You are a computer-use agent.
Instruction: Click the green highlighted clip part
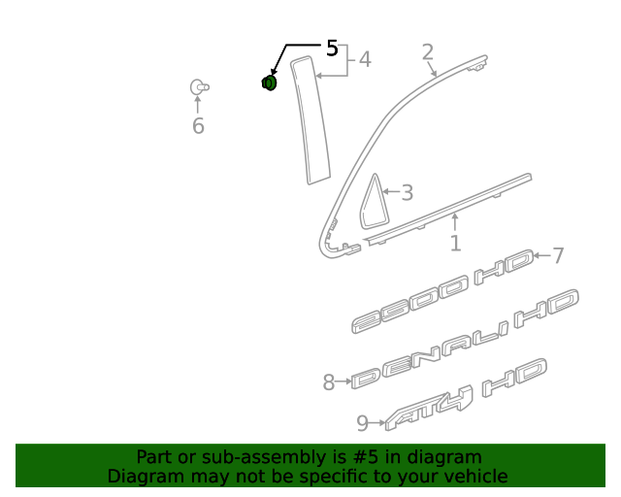point(269,83)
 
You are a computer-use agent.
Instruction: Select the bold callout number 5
point(332,49)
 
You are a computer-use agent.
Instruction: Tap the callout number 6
point(198,126)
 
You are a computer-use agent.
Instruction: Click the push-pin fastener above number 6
point(199,87)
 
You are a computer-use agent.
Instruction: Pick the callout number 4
point(365,59)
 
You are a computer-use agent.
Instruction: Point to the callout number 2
point(428,52)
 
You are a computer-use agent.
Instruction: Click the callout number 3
point(408,192)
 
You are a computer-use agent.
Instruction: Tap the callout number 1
point(455,243)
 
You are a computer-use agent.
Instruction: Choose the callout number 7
point(558,255)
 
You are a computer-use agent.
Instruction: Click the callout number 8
point(329,382)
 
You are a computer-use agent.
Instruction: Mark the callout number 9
point(362,423)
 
